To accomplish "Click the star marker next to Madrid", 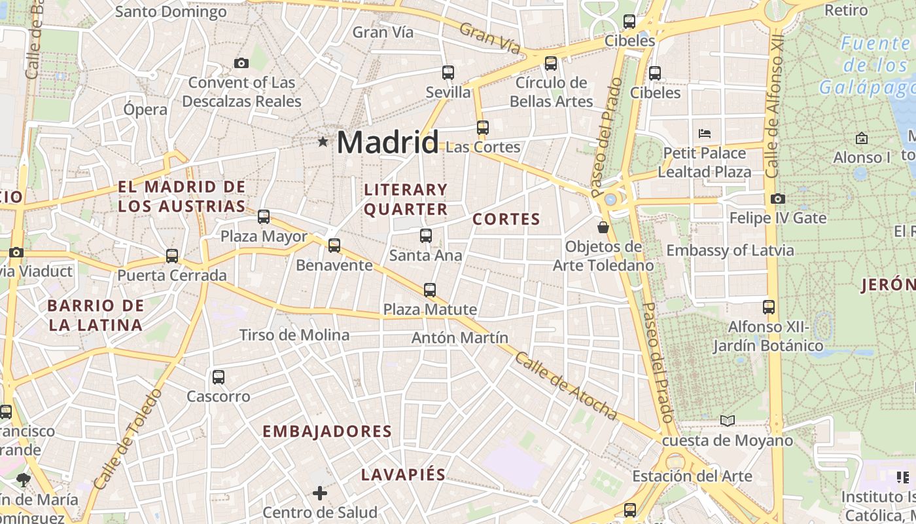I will pyautogui.click(x=323, y=141).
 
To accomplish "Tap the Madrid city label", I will pyautogui.click(x=387, y=142).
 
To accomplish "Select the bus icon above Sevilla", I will pyautogui.click(x=448, y=73).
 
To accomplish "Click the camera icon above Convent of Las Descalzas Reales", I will pyautogui.click(x=241, y=64).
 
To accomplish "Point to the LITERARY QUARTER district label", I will pyautogui.click(x=406, y=200).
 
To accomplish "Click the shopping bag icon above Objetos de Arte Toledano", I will pyautogui.click(x=603, y=227).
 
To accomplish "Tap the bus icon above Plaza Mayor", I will pyautogui.click(x=264, y=217).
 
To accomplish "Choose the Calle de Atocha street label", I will pyautogui.click(x=566, y=386).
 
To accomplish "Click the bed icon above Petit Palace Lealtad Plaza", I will pyautogui.click(x=705, y=134).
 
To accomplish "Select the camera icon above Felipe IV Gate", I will pyautogui.click(x=778, y=198).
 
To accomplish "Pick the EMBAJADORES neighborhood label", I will pyautogui.click(x=327, y=432).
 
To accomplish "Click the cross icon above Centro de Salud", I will pyautogui.click(x=320, y=493).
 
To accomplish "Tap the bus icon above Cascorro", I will pyautogui.click(x=219, y=377).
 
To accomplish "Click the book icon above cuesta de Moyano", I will pyautogui.click(x=728, y=421).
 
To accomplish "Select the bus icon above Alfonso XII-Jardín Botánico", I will pyautogui.click(x=769, y=307).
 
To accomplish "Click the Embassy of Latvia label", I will pyautogui.click(x=730, y=250).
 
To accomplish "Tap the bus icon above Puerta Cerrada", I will pyautogui.click(x=172, y=256).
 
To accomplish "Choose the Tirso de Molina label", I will pyautogui.click(x=294, y=335).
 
